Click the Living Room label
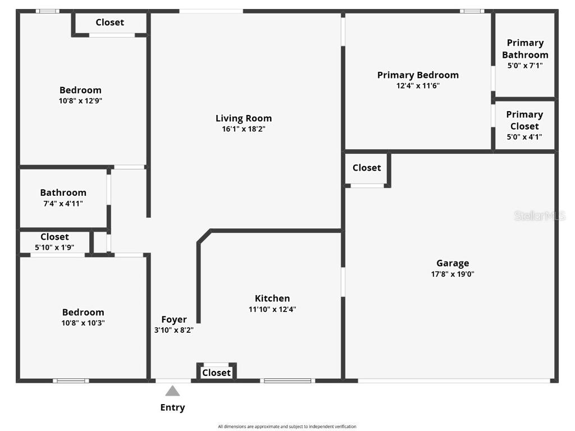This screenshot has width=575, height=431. point(244,118)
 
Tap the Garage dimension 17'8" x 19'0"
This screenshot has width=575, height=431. point(453,274)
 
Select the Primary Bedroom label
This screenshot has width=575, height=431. point(418,75)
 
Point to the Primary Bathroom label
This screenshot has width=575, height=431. point(525,49)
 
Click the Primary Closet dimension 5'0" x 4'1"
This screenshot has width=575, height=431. point(525,137)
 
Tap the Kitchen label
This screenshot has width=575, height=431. point(272,299)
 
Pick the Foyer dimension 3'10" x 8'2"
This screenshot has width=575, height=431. point(174,331)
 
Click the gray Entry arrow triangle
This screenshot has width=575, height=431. point(172,391)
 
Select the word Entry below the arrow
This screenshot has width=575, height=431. point(172,408)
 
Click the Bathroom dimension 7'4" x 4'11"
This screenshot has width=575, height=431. point(63,204)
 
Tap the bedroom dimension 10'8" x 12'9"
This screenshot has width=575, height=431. point(81,101)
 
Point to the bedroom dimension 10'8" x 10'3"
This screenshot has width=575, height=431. point(83,323)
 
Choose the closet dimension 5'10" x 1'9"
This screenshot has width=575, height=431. point(54,247)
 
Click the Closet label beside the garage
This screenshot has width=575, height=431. point(367,168)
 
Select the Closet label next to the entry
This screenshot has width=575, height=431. point(216,373)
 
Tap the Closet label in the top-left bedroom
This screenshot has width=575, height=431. point(110,22)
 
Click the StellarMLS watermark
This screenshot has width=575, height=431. point(540,216)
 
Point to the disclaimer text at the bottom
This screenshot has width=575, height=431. point(287,427)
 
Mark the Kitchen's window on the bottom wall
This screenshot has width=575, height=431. point(287,381)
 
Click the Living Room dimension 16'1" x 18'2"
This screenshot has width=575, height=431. point(244,129)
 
